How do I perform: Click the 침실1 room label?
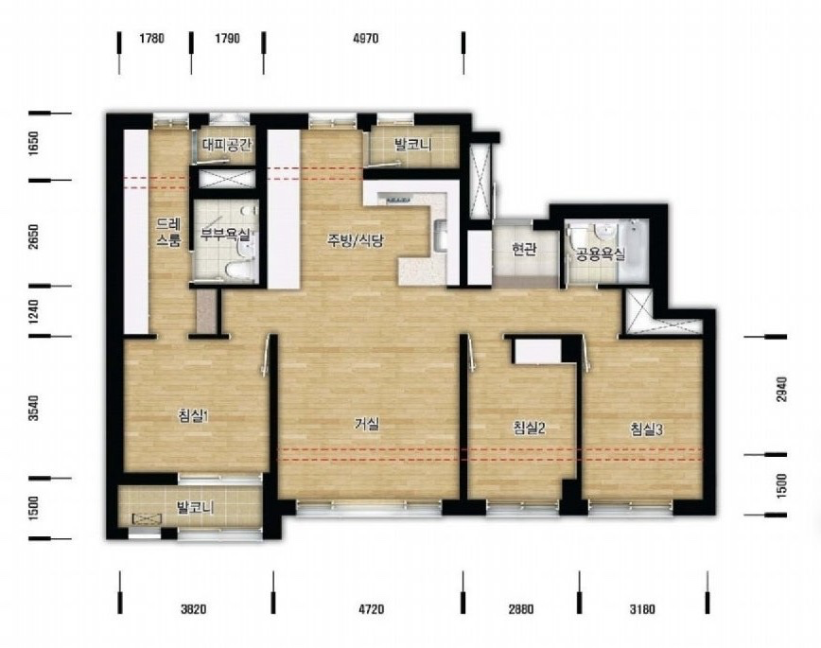[194, 416]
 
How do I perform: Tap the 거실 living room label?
[367, 425]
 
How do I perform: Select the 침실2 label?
[530, 429]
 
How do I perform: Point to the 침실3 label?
[647, 429]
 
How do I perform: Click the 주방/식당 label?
[356, 240]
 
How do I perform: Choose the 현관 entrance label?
[524, 250]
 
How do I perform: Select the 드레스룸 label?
[168, 233]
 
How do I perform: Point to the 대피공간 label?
[227, 144]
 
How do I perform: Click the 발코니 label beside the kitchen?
[413, 144]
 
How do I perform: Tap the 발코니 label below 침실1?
[195, 507]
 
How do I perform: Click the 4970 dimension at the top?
[366, 38]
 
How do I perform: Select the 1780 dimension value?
[152, 38]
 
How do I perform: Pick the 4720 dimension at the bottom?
[371, 609]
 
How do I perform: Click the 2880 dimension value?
[521, 609]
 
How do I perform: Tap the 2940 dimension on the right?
[781, 389]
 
